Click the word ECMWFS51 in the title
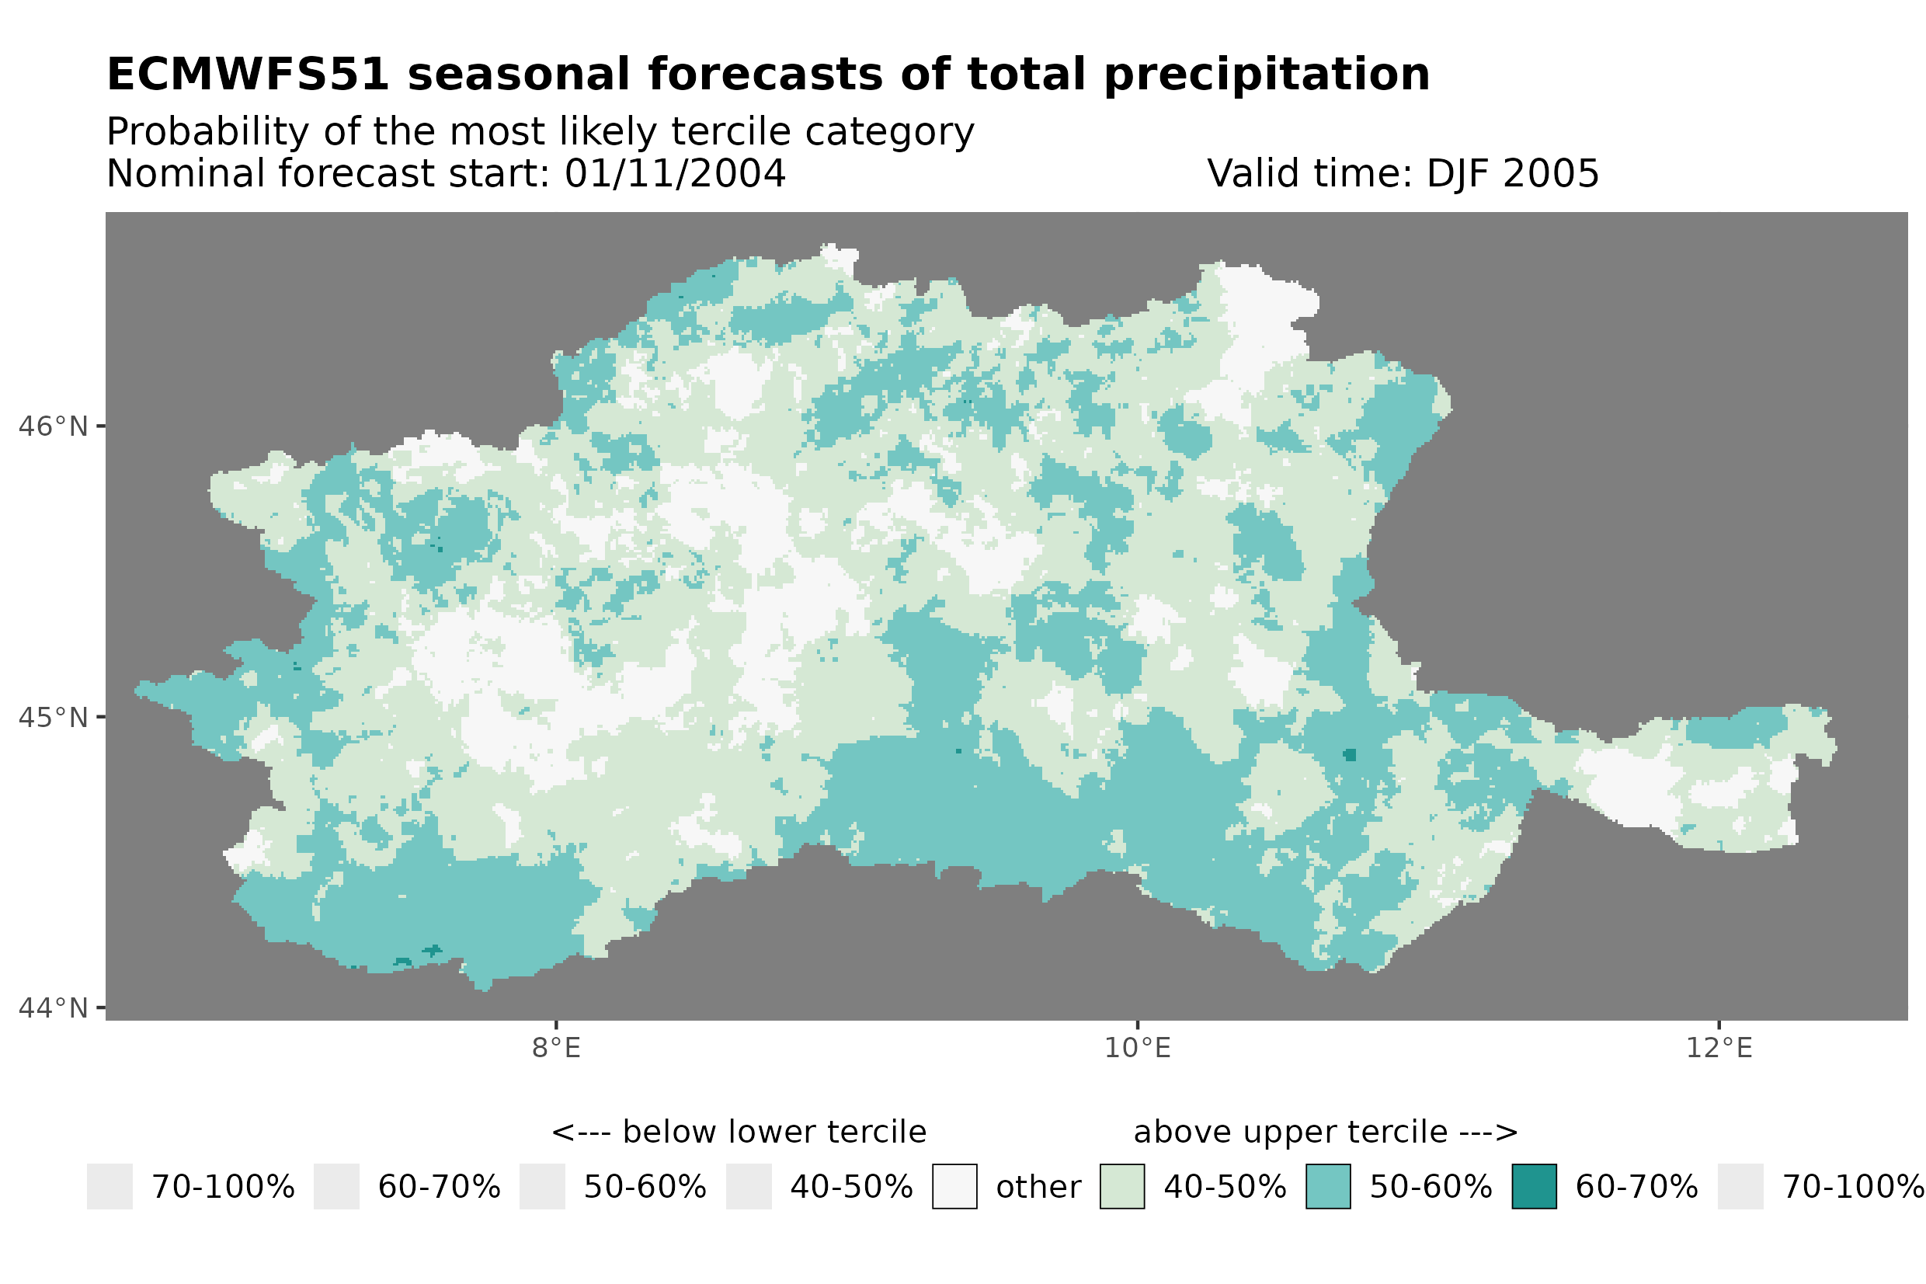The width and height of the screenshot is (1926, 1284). pos(247,75)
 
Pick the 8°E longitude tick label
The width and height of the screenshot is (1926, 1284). pos(556,1048)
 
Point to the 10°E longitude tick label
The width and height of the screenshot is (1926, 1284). pos(1137,1048)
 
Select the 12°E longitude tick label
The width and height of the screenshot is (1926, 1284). pos(1719,1048)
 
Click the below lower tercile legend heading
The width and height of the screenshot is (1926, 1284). pos(739,1133)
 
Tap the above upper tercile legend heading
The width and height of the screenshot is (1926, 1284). pos(1325,1133)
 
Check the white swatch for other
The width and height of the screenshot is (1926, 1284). pos(954,1187)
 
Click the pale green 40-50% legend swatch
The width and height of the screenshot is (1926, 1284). pos(1121,1187)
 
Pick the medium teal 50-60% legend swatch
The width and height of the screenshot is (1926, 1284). pos(1328,1187)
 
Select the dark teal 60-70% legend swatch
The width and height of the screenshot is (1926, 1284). pos(1534,1187)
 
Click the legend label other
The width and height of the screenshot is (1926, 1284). pos(1038,1188)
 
